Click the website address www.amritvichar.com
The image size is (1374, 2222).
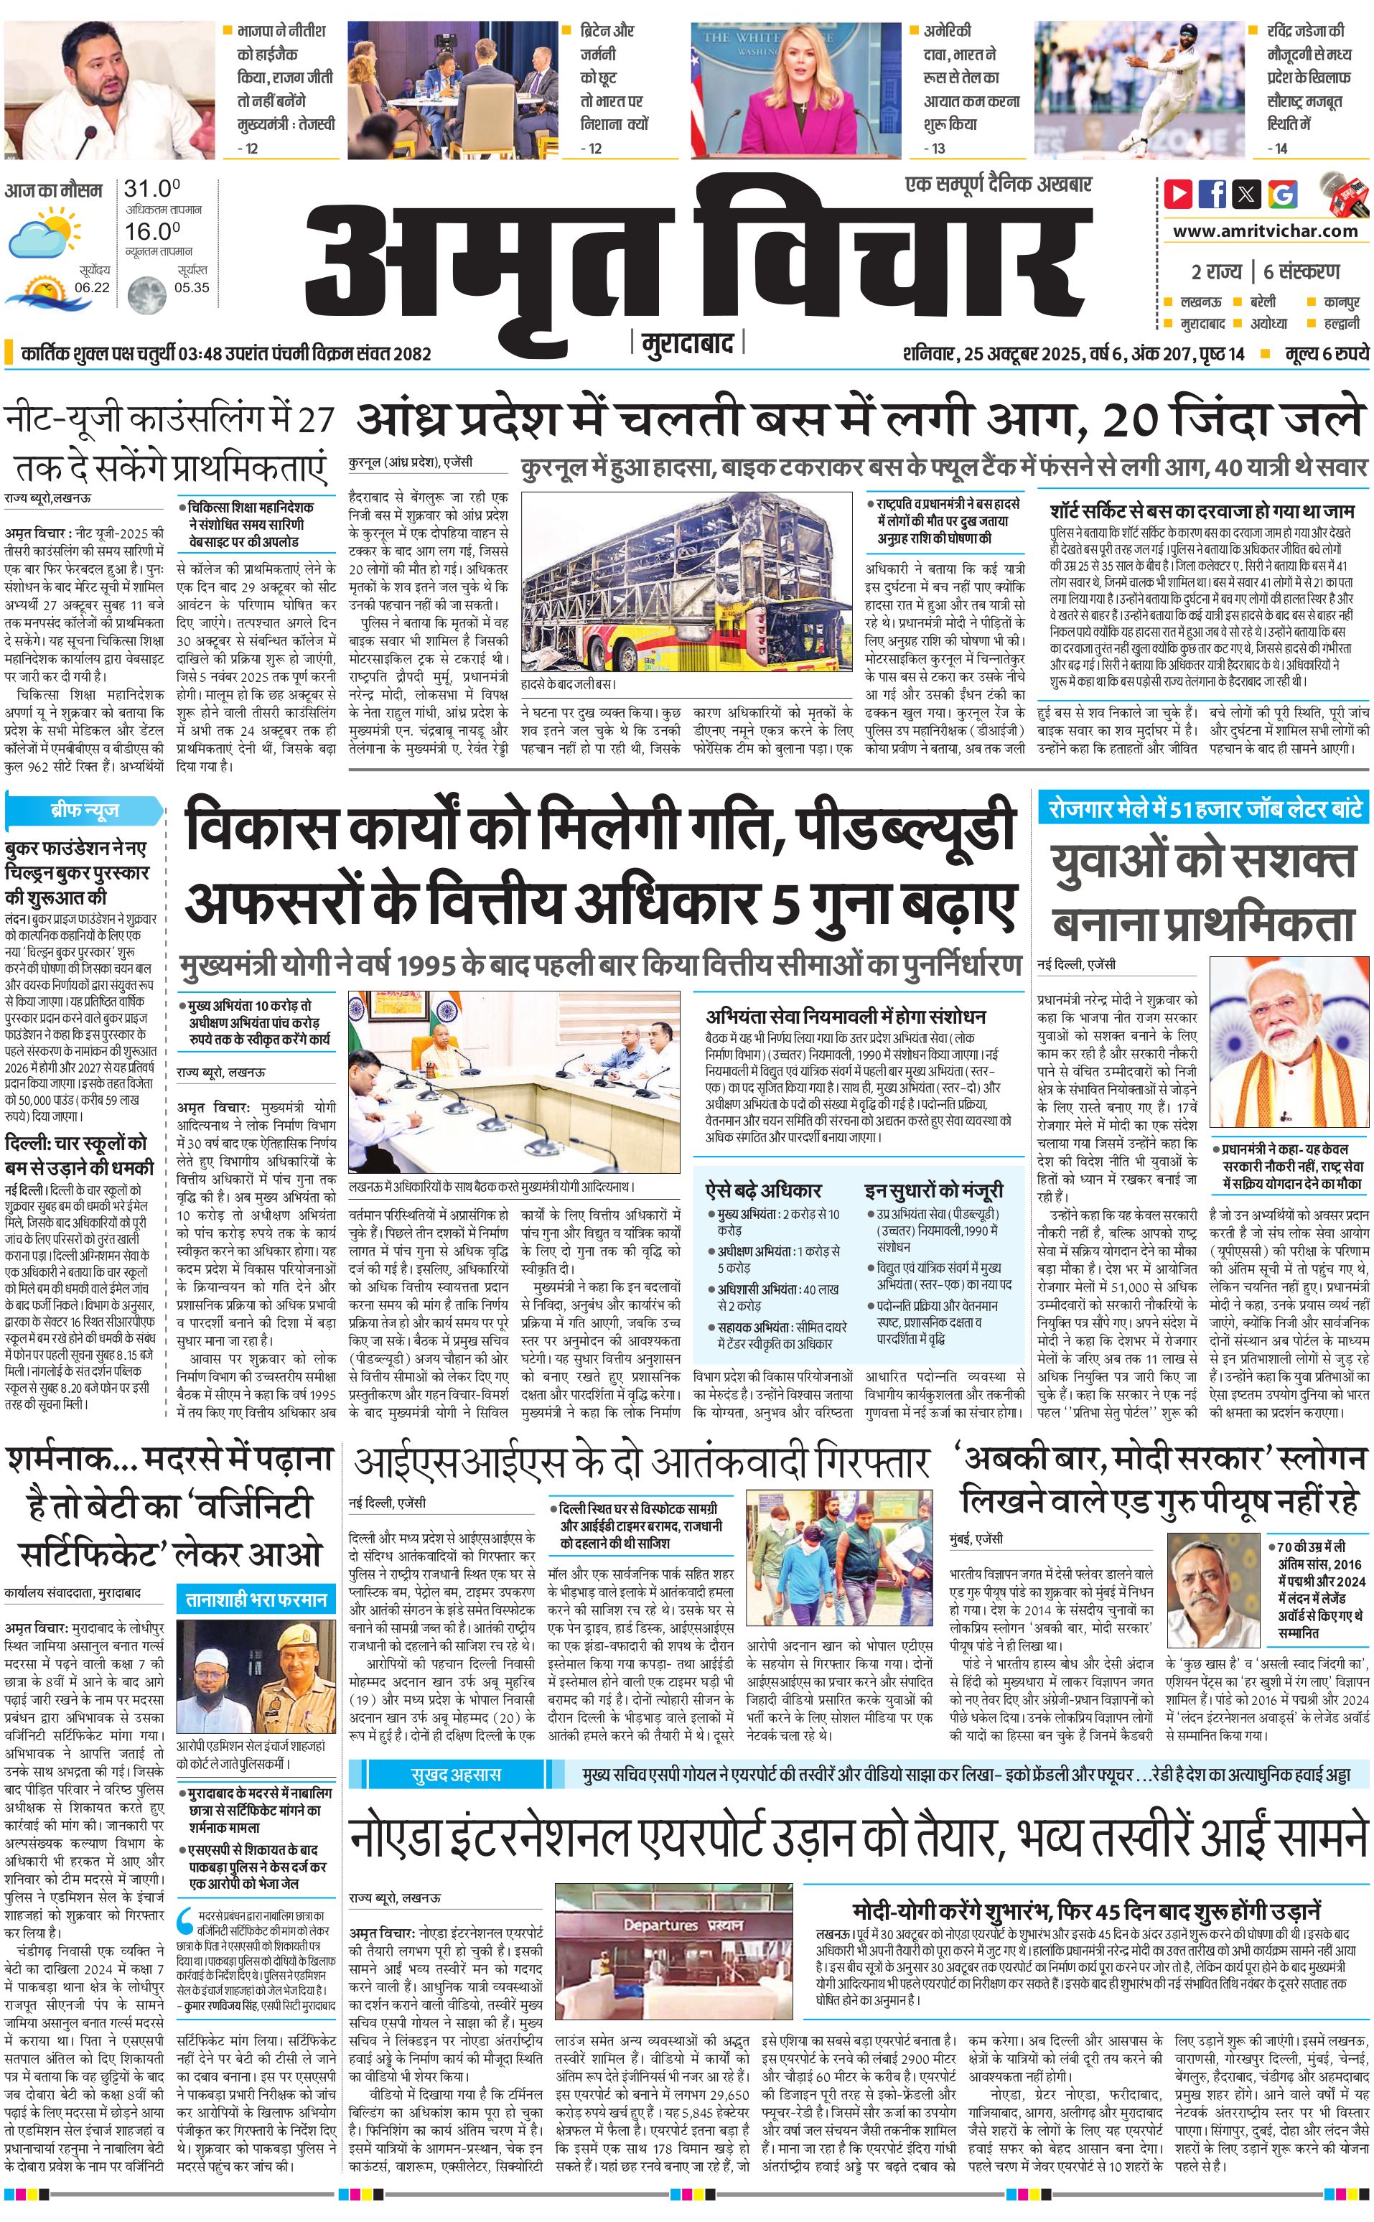1264,231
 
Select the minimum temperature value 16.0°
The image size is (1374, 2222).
151,231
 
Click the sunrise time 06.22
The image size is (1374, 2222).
92,287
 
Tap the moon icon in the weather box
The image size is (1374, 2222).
146,294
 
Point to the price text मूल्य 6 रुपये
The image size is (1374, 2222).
1326,353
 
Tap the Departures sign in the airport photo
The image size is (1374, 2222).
681,1924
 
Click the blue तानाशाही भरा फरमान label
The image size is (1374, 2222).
256,1599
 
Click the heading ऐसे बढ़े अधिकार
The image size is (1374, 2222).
763,1190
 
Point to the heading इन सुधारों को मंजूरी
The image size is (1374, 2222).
933,1190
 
